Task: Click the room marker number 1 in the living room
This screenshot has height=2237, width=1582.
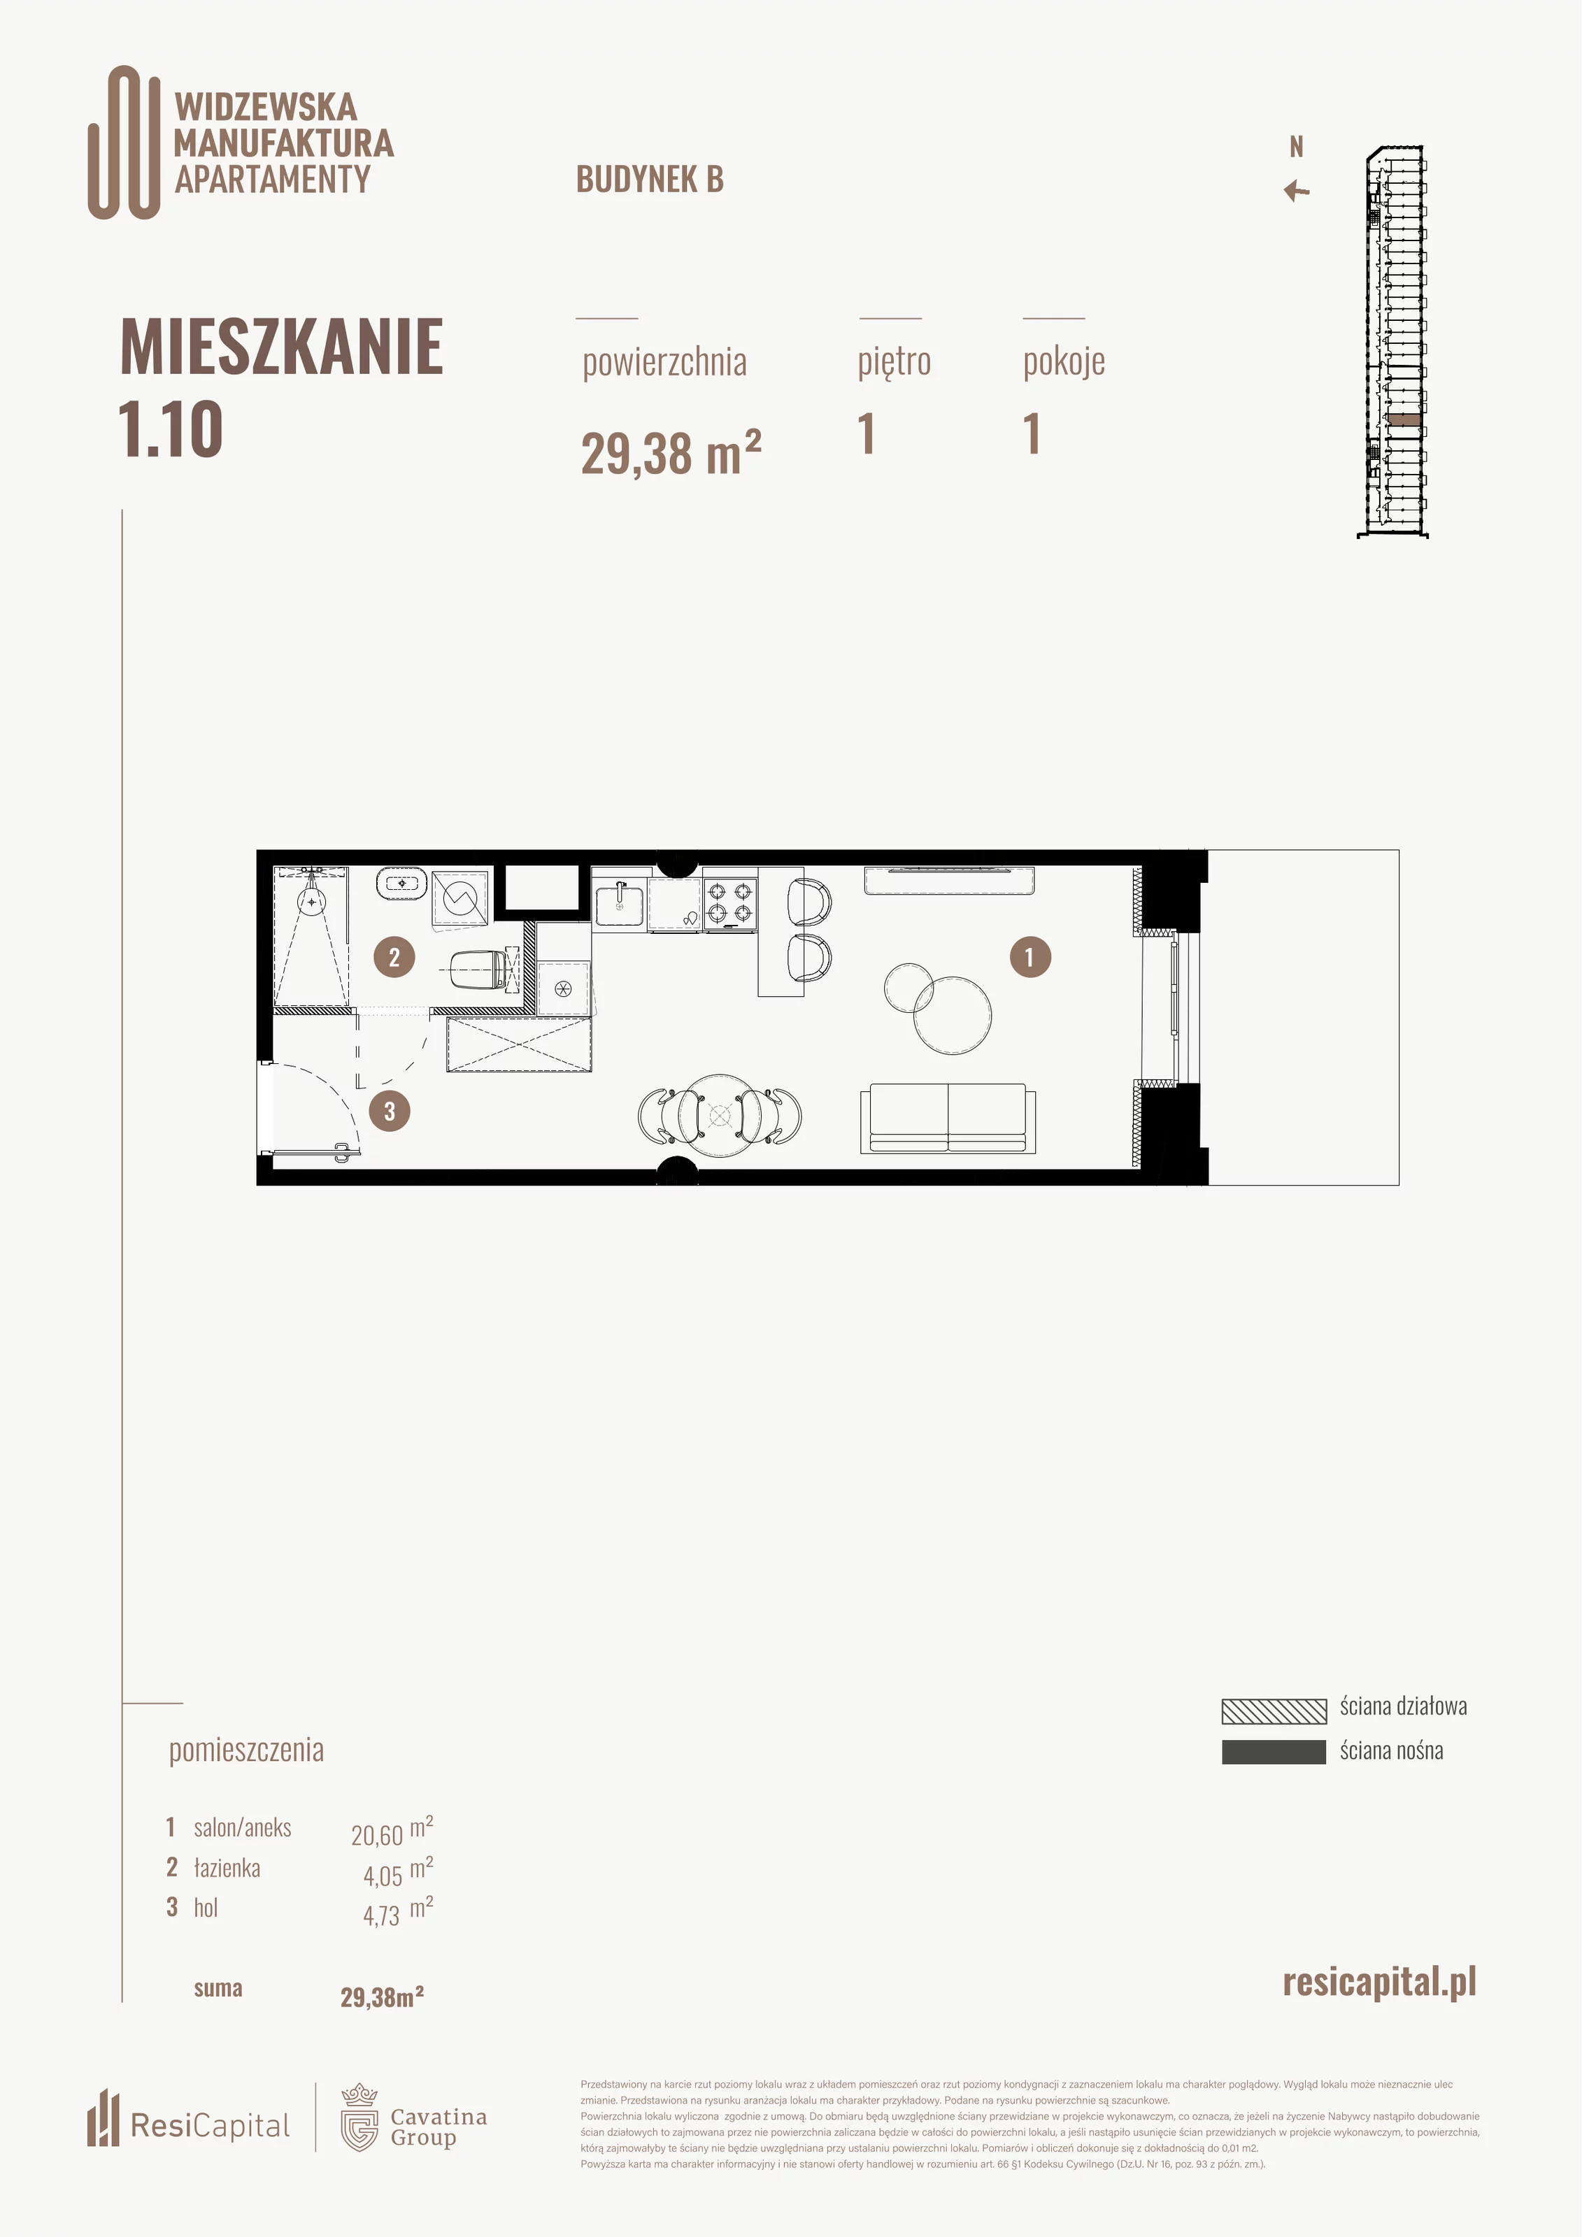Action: coord(1030,957)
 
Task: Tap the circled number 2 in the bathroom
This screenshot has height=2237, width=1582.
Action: coord(394,957)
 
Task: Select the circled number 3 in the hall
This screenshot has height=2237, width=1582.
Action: coord(390,1111)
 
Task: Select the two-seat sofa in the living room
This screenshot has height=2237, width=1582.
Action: coord(948,1118)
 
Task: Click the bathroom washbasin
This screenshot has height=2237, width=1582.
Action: coord(401,884)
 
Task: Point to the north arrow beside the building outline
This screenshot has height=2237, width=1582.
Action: coord(1297,190)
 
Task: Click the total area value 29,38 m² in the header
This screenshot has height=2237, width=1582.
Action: coord(671,453)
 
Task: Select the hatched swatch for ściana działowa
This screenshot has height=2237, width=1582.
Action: coord(1274,1711)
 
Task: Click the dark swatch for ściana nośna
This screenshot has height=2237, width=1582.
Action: coord(1274,1752)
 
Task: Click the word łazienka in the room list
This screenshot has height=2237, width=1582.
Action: coord(227,1868)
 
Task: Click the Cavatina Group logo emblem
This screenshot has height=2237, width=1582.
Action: coord(359,2117)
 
